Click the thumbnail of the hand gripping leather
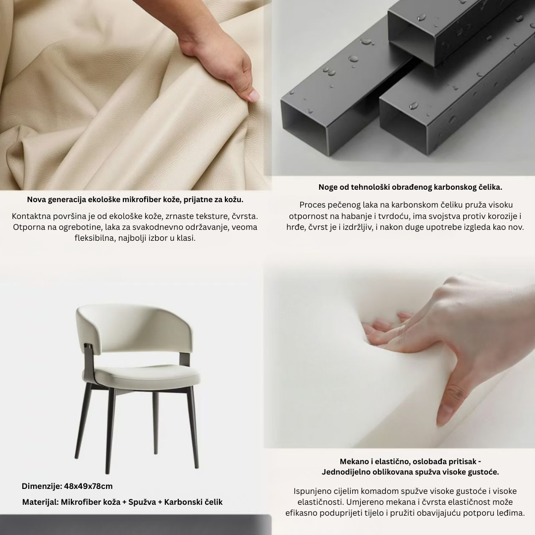pos(136,95)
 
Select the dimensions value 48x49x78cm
pos(88,486)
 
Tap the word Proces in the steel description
pos(311,205)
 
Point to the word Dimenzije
pos(42,486)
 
